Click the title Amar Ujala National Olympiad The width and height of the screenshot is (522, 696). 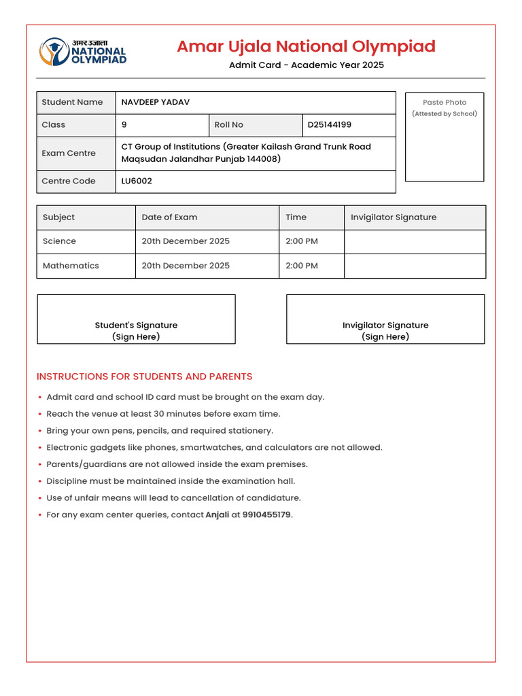(306, 46)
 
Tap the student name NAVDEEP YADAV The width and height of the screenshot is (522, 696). (156, 102)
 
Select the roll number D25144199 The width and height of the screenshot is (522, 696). (330, 125)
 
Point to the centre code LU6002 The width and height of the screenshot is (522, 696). (137, 181)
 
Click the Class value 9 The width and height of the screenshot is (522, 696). (124, 125)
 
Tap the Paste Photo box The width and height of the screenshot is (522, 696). (445, 137)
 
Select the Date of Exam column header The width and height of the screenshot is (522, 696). (169, 217)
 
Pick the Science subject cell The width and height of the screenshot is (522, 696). (59, 241)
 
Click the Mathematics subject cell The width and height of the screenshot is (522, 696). (71, 266)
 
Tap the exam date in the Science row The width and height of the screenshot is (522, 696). (186, 241)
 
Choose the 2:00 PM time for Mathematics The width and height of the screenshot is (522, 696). (302, 266)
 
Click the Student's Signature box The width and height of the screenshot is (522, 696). (136, 319)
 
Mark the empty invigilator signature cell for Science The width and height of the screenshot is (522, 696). (415, 241)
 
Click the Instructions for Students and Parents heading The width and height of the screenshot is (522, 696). (144, 377)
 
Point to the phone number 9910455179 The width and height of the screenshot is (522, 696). (266, 515)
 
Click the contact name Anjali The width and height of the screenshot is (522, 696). (217, 515)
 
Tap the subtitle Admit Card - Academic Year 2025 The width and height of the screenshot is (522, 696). (306, 65)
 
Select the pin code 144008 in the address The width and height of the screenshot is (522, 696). (264, 159)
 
